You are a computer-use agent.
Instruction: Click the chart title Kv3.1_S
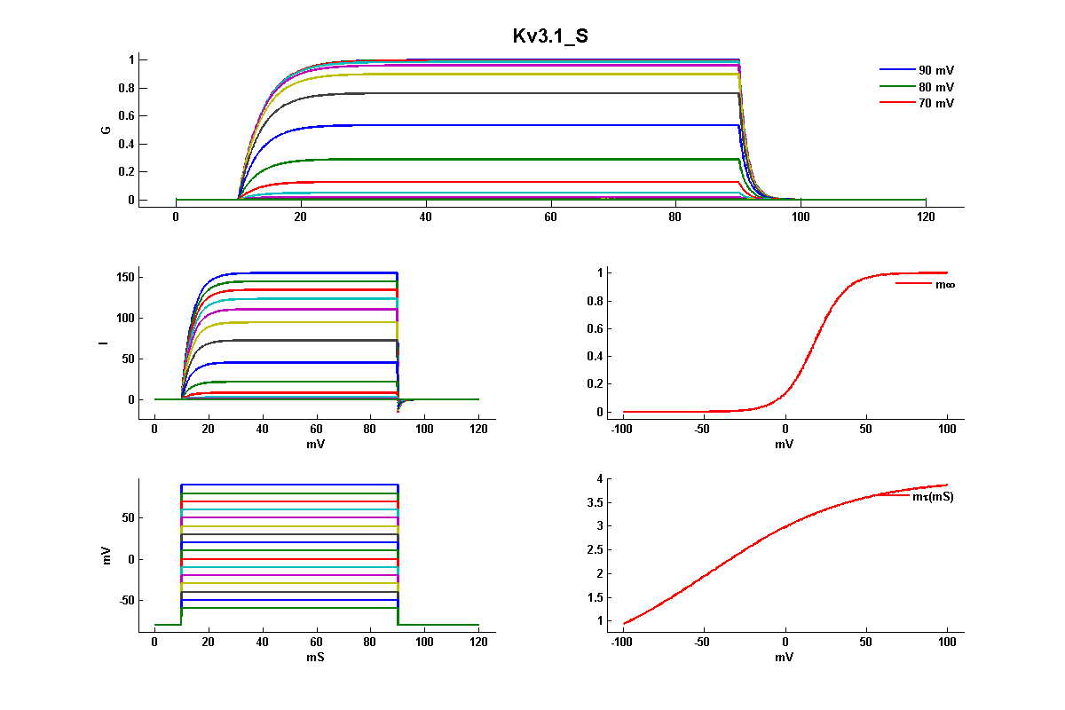pyautogui.click(x=550, y=36)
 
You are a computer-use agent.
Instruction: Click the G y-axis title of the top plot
pyautogui.click(x=106, y=130)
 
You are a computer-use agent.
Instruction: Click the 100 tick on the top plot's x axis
pyautogui.click(x=801, y=217)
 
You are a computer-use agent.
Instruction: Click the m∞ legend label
pyautogui.click(x=945, y=284)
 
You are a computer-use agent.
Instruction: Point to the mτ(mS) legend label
pyautogui.click(x=933, y=497)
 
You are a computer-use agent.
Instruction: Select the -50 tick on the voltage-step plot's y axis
pyautogui.click(x=122, y=601)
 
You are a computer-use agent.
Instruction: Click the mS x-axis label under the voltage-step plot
pyautogui.click(x=317, y=658)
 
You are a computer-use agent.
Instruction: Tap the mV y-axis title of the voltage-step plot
pyautogui.click(x=106, y=557)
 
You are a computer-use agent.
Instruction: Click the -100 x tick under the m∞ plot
pyautogui.click(x=623, y=430)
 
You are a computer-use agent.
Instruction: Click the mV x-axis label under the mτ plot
pyautogui.click(x=785, y=658)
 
